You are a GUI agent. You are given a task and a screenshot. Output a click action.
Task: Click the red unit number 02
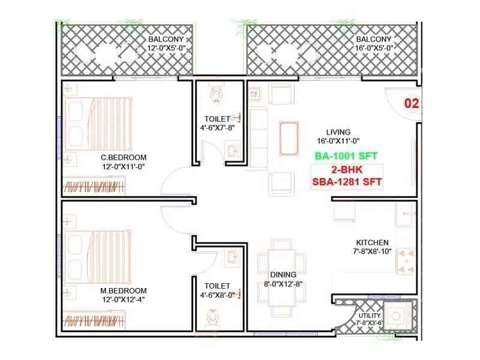pyautogui.click(x=411, y=103)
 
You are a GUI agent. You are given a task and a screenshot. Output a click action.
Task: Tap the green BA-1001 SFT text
pyautogui.click(x=346, y=156)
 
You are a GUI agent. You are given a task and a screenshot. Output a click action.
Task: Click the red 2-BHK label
pyautogui.click(x=346, y=169)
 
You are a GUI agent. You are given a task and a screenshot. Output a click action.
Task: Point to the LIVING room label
pyautogui.click(x=338, y=132)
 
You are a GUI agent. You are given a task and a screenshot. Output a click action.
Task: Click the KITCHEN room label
pyautogui.click(x=371, y=242)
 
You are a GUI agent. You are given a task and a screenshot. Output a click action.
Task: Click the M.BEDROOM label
pyautogui.click(x=124, y=290)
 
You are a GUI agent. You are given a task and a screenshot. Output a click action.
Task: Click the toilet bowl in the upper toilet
pyautogui.click(x=217, y=94)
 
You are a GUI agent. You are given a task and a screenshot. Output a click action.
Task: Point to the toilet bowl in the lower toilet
pyautogui.click(x=212, y=316)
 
